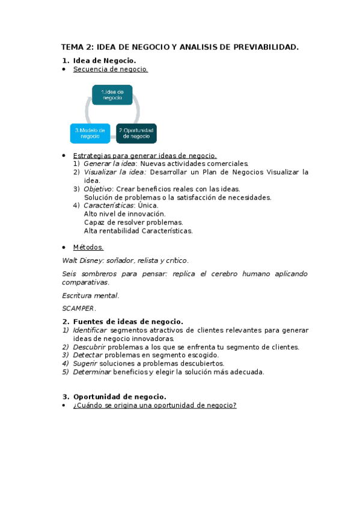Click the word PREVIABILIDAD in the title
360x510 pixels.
[265, 47]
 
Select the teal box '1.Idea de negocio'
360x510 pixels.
[112, 95]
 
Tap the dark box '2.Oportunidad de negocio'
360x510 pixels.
[136, 133]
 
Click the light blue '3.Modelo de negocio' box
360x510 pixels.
[90, 133]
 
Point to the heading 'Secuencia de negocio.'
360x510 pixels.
[110, 69]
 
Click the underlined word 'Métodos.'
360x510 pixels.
[88, 247]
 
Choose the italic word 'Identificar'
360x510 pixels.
[90, 330]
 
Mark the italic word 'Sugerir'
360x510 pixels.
[85, 364]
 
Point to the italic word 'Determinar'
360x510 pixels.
[91, 372]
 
